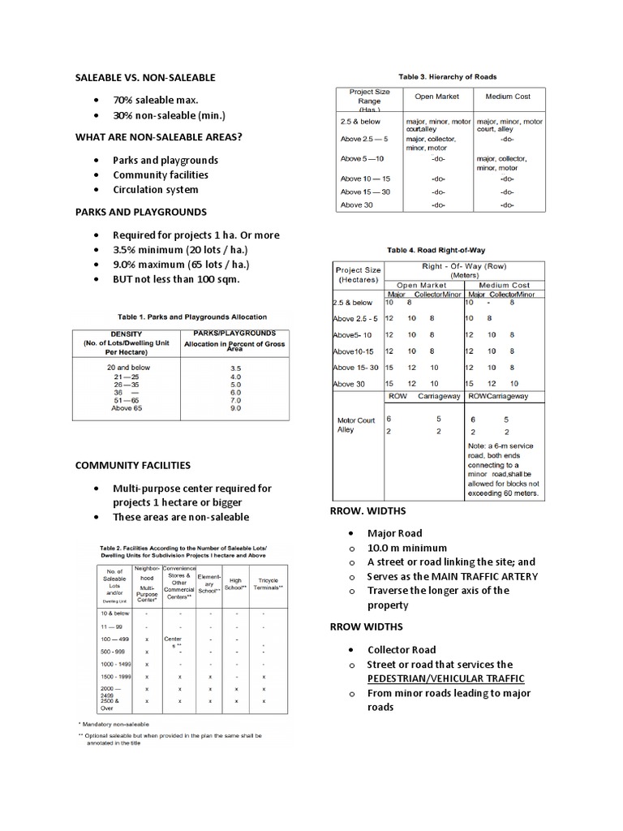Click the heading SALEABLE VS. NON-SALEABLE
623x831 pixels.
(x=145, y=77)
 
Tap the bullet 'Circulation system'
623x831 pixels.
(x=155, y=190)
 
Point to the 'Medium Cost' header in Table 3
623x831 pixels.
(x=507, y=97)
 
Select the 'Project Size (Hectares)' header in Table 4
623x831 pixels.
(x=356, y=273)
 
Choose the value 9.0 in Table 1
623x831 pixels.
(x=235, y=409)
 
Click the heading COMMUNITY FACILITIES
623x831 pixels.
(x=133, y=466)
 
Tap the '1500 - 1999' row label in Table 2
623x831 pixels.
(x=114, y=676)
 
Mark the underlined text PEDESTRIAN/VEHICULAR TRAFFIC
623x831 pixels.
(x=445, y=678)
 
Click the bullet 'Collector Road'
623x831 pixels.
(x=402, y=649)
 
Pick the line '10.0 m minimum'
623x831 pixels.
(x=407, y=548)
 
